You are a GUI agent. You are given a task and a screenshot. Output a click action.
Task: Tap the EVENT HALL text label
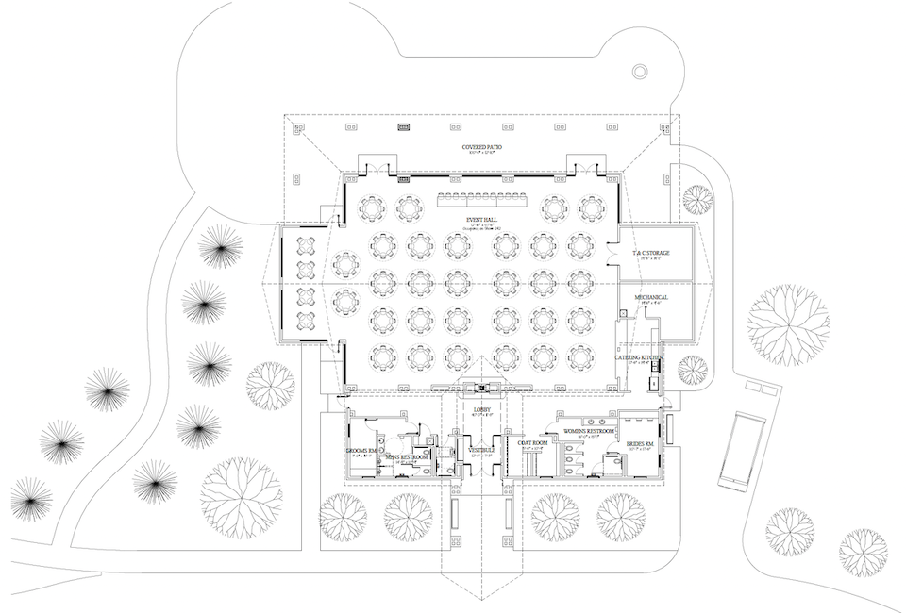480,220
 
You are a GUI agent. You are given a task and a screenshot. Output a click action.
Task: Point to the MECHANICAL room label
650,297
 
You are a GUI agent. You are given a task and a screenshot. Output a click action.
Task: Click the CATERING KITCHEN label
638,358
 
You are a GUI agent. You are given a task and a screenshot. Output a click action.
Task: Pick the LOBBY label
480,409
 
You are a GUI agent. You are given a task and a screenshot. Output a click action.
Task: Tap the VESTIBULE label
481,452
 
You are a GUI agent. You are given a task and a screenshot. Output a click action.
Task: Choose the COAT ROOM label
532,441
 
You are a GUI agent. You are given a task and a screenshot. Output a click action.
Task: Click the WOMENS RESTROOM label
588,431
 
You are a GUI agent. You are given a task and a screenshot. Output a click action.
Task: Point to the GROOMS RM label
361,451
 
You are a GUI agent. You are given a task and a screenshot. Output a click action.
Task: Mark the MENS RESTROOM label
407,457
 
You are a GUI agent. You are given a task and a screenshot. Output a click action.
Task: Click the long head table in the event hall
480,201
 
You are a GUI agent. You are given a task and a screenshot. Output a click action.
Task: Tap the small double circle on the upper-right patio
640,72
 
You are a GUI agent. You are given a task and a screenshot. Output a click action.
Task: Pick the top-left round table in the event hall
374,207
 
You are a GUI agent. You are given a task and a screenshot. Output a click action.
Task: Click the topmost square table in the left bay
306,247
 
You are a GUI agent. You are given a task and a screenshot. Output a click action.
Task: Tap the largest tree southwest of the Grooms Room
242,495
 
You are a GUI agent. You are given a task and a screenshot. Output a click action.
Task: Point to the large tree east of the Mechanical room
789,324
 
